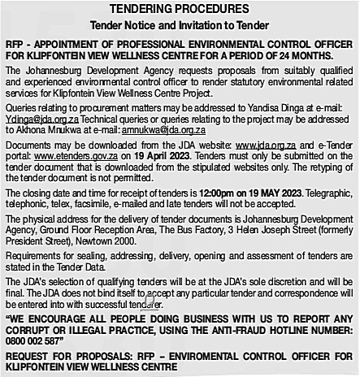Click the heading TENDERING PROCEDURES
[179, 9]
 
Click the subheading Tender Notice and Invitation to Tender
[179, 25]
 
